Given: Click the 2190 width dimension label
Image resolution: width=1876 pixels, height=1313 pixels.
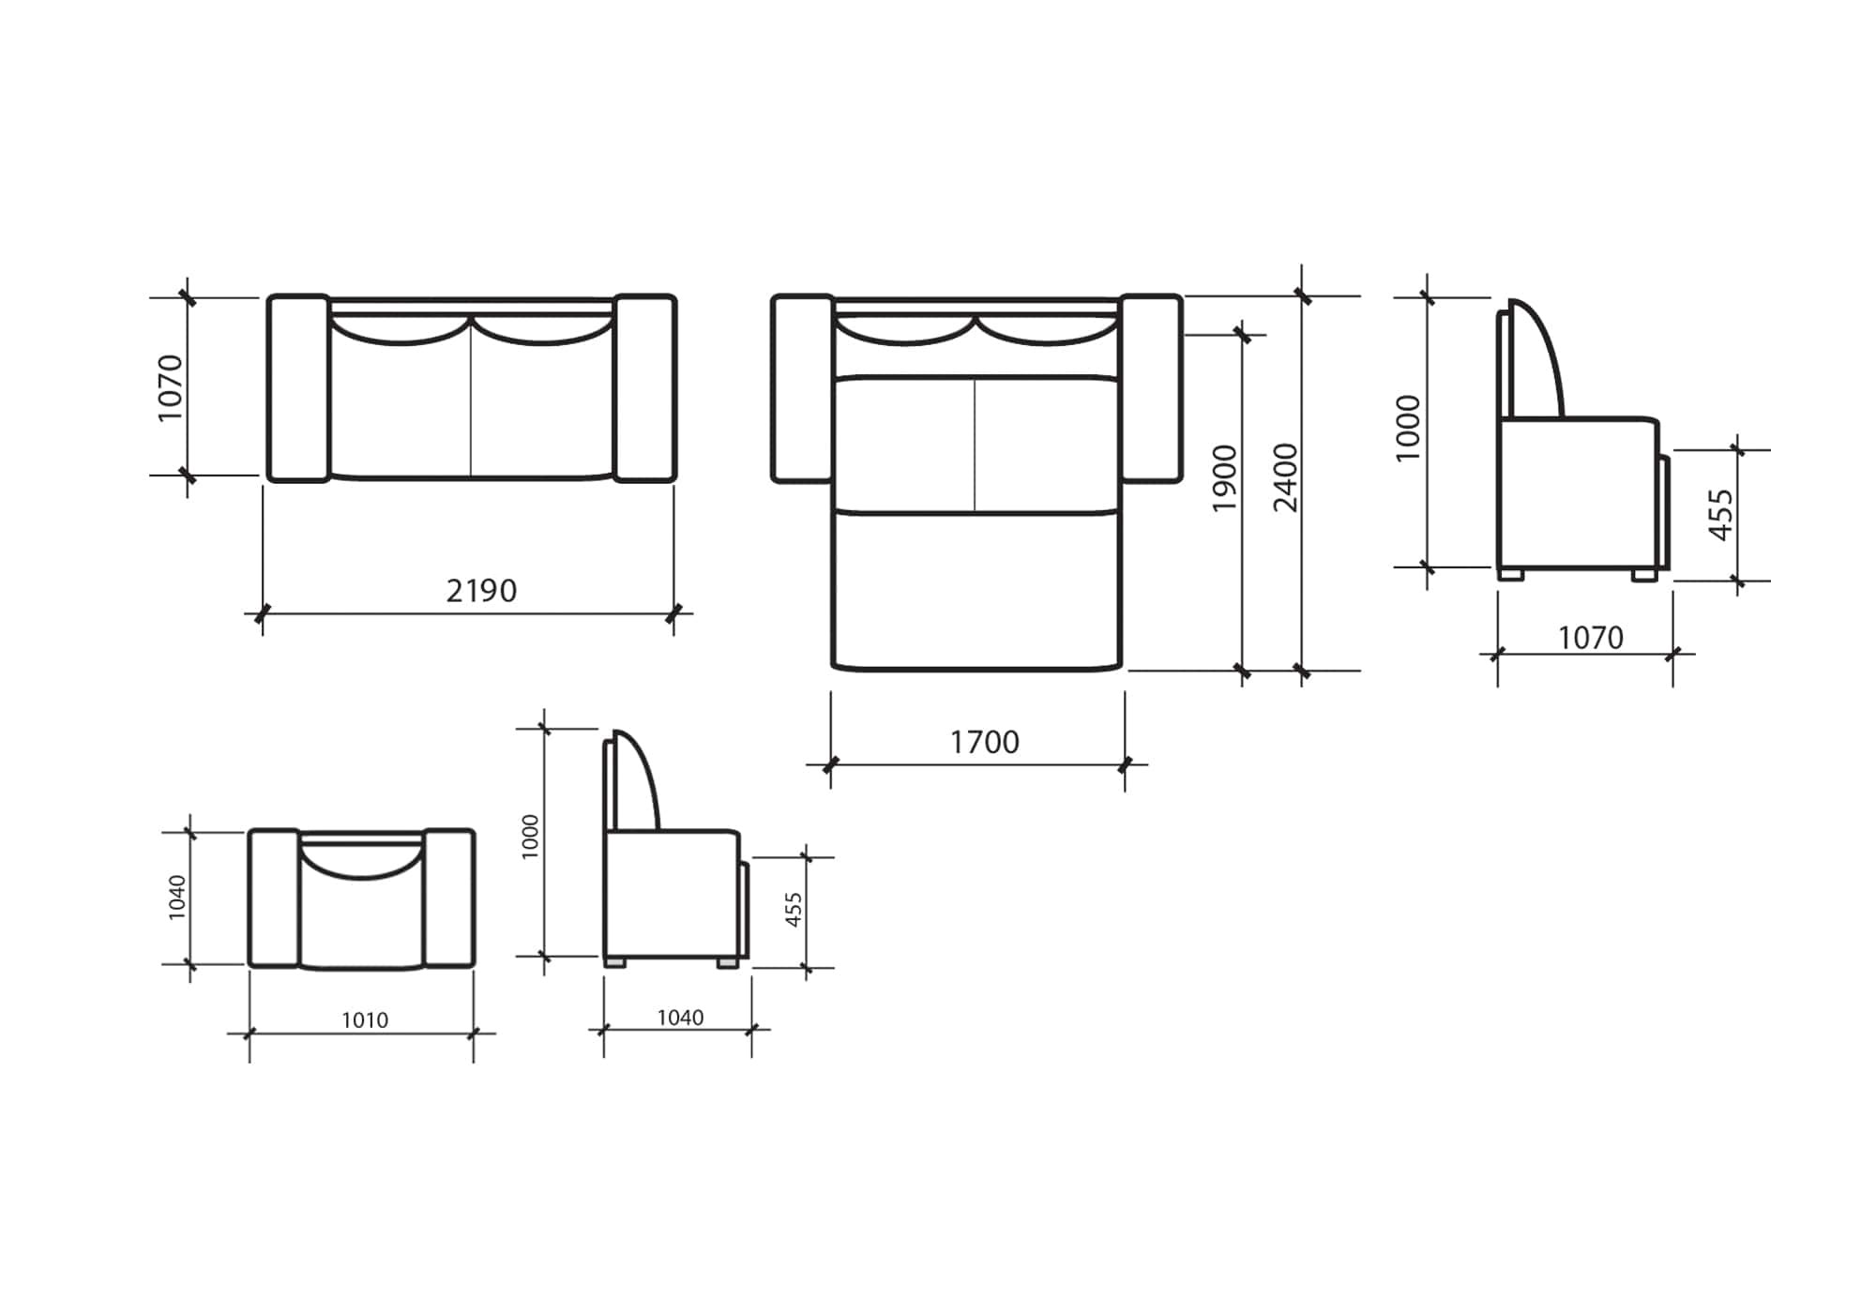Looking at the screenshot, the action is click(481, 590).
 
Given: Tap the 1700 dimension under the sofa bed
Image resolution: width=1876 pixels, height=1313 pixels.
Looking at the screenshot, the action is click(984, 742).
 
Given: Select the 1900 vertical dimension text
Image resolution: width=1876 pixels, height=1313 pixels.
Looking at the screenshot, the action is click(1225, 478).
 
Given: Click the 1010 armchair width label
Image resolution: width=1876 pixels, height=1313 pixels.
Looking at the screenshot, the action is click(364, 1019).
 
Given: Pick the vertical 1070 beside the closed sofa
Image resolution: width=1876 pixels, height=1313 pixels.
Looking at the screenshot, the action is click(170, 387).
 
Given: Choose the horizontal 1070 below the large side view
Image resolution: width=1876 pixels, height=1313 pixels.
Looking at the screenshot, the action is click(1590, 638).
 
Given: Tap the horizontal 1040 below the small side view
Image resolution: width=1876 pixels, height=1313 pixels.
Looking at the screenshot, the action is click(680, 1018).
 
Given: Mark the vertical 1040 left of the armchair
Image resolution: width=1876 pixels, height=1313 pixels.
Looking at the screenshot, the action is click(176, 898).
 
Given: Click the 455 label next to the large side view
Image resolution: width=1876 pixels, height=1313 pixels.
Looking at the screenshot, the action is click(1720, 514).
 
